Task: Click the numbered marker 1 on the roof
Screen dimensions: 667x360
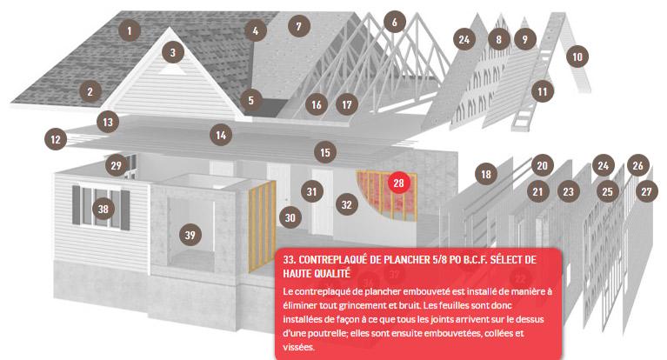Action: point(130,30)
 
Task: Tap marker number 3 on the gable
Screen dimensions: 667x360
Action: point(173,52)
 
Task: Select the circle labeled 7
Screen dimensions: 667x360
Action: point(298,26)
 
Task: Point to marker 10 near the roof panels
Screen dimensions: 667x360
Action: point(577,57)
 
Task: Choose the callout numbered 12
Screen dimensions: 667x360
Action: point(56,139)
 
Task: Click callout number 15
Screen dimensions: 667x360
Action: point(325,152)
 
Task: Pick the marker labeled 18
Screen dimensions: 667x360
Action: point(486,174)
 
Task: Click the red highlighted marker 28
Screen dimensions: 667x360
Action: point(398,183)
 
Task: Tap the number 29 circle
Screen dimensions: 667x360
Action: point(117,165)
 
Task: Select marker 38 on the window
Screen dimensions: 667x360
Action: point(103,209)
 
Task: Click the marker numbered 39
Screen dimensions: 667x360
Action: point(190,235)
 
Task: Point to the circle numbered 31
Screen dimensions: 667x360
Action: point(312,191)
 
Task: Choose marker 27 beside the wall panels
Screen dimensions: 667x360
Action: point(647,191)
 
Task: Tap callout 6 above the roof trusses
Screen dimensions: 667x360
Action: point(394,22)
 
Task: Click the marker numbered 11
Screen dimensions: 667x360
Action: point(543,91)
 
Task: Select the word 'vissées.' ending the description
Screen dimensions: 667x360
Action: point(298,347)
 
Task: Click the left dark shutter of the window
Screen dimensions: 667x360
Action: point(77,205)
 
